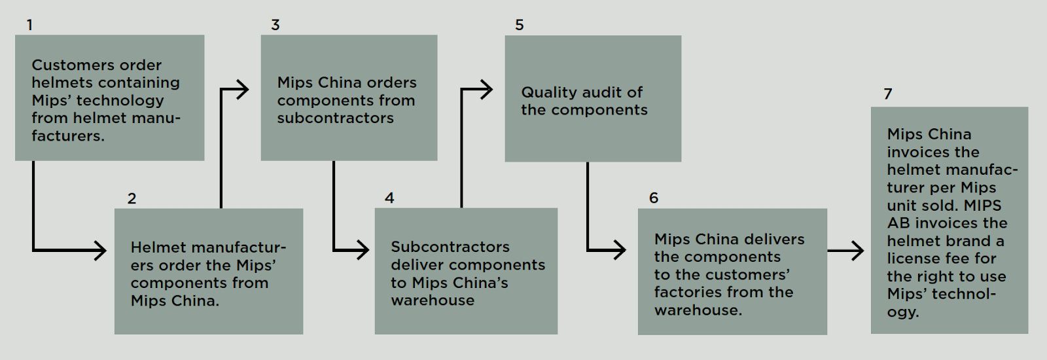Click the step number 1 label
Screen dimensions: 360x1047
(29, 25)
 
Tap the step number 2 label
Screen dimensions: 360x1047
(132, 198)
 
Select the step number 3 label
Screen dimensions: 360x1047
(275, 25)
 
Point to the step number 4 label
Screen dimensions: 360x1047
(389, 198)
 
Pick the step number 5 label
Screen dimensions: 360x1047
(520, 25)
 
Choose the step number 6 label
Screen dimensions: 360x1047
(653, 198)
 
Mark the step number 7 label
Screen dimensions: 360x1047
(887, 94)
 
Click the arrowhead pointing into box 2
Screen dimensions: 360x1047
(100, 250)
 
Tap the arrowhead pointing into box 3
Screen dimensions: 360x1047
(242, 90)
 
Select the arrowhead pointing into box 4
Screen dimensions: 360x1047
(363, 250)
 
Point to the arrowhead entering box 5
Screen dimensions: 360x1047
(486, 90)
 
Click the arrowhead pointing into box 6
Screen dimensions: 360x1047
(619, 250)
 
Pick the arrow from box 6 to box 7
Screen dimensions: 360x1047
(846, 250)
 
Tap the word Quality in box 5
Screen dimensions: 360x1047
(547, 92)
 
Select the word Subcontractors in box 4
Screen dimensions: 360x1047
(450, 247)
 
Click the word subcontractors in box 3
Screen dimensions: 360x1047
(335, 118)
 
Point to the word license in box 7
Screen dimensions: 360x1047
(914, 259)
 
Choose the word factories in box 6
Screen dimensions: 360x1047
(686, 292)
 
